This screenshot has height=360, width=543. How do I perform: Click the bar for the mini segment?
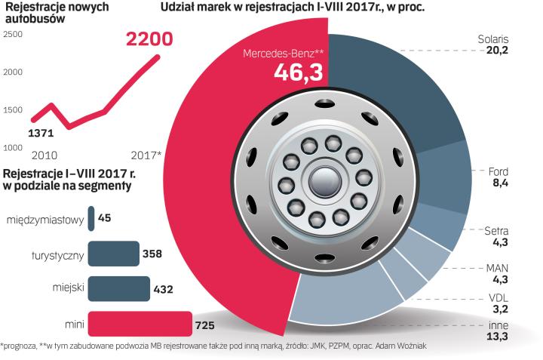click(x=140, y=324)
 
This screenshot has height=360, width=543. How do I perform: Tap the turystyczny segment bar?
click(x=113, y=254)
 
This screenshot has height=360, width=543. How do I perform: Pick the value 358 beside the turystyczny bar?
click(x=153, y=254)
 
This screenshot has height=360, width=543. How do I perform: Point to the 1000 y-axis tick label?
click(x=13, y=146)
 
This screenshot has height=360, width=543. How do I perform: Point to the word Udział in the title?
click(x=180, y=9)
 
